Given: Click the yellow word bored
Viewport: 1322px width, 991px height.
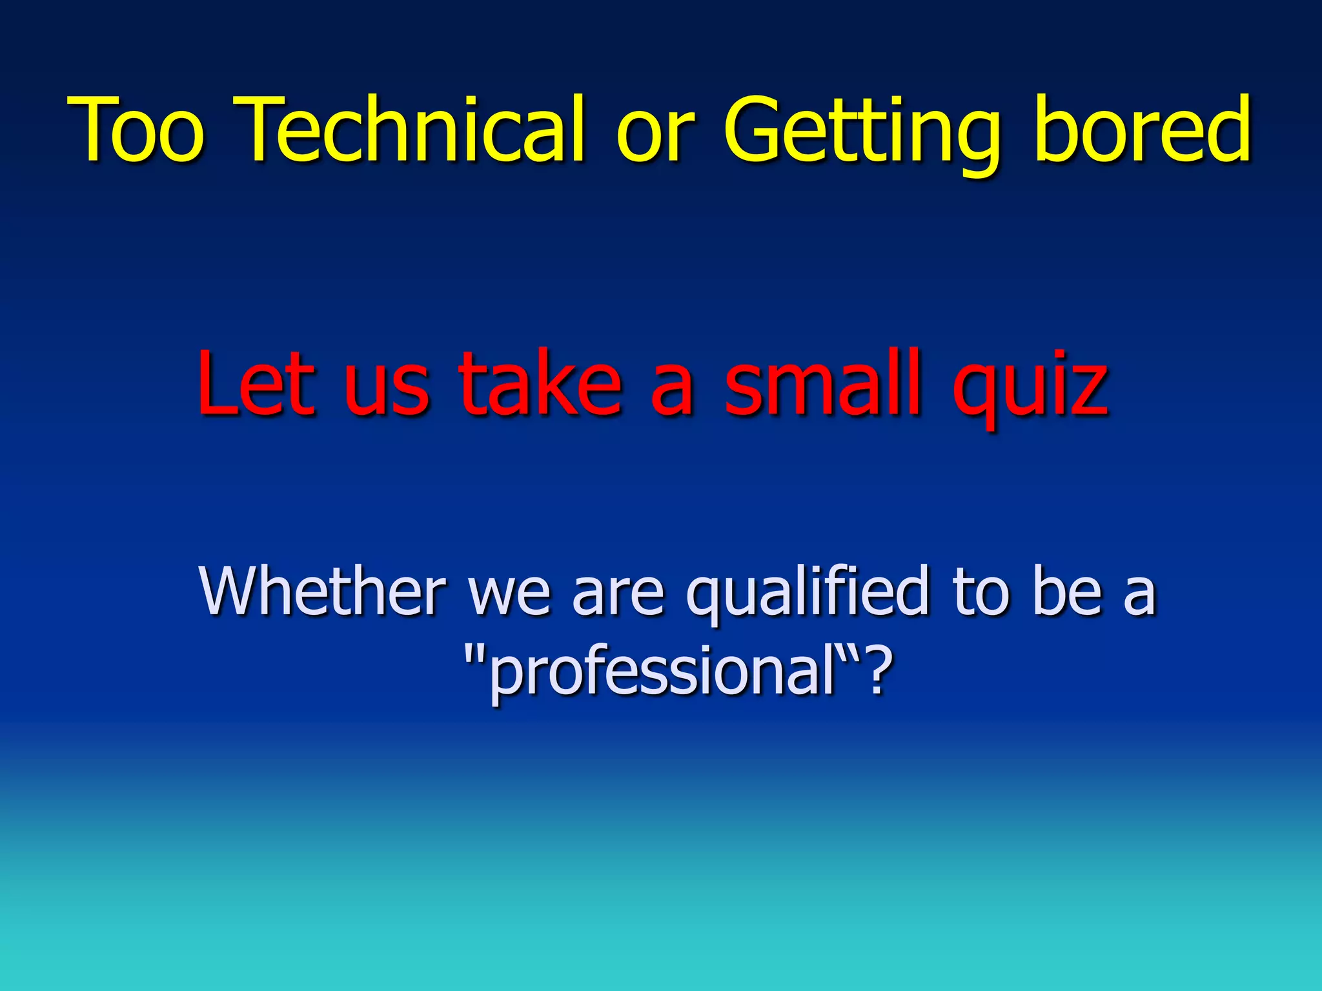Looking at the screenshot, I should tap(1143, 129).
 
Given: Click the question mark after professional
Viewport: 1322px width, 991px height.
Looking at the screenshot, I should tap(879, 671).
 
